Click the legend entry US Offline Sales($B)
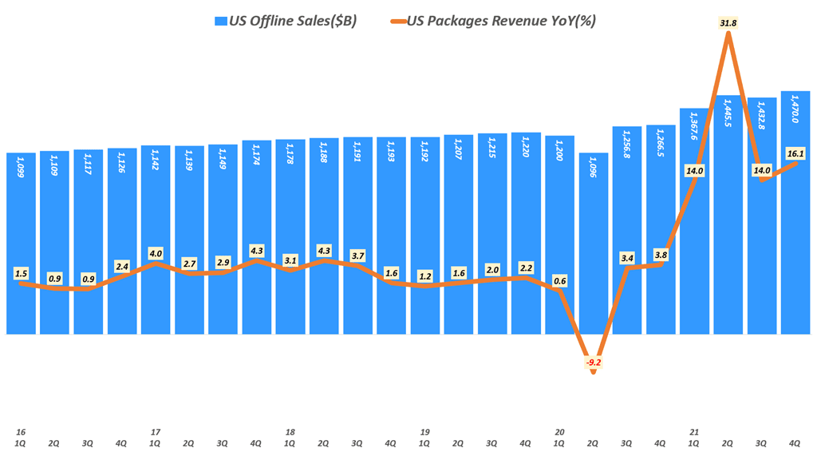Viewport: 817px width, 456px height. [x=286, y=21]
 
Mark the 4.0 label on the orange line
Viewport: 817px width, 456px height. [x=156, y=253]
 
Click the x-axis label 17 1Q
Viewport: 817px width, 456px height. [x=156, y=436]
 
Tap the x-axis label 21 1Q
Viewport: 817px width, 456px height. [x=693, y=436]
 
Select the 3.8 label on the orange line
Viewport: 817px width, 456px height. [x=660, y=255]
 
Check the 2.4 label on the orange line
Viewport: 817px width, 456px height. [x=122, y=267]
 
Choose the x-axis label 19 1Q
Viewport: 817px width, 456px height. [x=424, y=436]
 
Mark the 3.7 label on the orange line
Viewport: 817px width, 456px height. [x=357, y=255]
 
